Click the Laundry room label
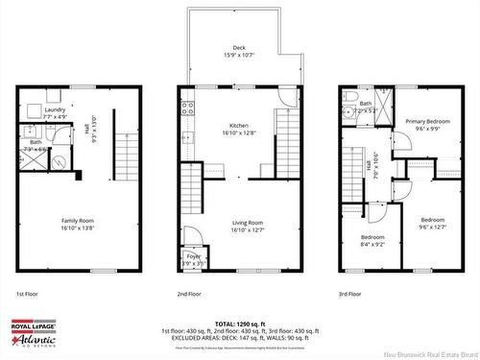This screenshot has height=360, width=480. click(x=55, y=109)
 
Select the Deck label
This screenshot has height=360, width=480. click(x=239, y=48)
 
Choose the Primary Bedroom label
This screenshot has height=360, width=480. click(x=427, y=122)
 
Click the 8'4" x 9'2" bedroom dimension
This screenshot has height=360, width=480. click(x=372, y=244)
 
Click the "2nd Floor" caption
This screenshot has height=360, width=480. click(x=188, y=294)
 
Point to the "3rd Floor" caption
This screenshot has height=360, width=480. click(x=350, y=294)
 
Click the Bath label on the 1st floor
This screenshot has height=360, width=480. click(x=36, y=142)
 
